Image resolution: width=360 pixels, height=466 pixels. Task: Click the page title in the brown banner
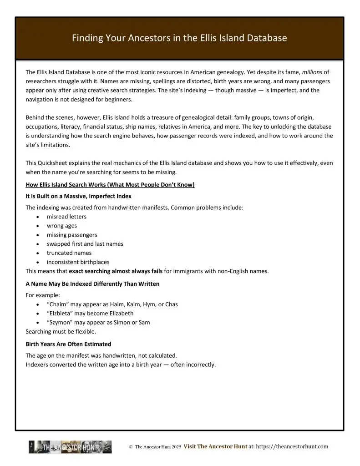179,38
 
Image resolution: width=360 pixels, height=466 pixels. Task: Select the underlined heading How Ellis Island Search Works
110,184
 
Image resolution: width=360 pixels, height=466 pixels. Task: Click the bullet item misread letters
66,217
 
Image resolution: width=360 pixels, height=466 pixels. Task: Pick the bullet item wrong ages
62,226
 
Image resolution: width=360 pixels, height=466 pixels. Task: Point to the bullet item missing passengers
72,235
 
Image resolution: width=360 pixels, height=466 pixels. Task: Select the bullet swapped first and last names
85,244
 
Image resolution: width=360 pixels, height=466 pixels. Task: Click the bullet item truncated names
69,253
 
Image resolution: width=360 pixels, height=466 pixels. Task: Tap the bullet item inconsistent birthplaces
78,262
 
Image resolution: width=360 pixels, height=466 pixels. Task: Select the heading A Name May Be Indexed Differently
92,284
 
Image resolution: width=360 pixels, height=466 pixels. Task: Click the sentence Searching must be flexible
61,331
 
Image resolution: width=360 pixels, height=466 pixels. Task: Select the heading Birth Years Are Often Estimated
68,344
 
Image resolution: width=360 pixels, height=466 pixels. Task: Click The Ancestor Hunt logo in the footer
70,447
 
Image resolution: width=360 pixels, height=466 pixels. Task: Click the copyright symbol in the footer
131,447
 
